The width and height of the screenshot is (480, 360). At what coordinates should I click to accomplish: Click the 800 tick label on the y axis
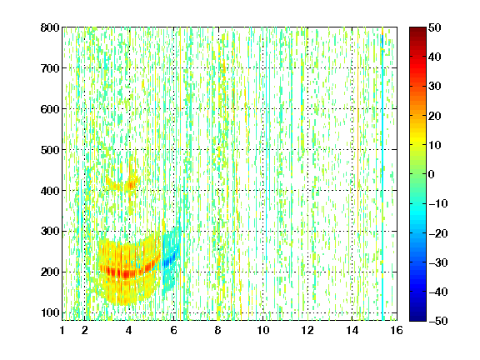click(x=50, y=27)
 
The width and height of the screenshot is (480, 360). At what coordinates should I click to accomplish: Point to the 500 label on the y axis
click(x=50, y=150)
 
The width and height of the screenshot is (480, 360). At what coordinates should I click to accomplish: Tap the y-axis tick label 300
click(x=50, y=232)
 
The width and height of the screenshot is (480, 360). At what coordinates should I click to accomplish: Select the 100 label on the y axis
click(x=50, y=312)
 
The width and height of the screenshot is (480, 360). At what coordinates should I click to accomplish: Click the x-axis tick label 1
click(x=62, y=330)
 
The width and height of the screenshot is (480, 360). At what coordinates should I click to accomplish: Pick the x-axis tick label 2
click(x=85, y=330)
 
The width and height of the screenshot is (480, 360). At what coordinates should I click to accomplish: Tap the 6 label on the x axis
click(x=174, y=330)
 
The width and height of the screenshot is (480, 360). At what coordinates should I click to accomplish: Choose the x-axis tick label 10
click(x=263, y=330)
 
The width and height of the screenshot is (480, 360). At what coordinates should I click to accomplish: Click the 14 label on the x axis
click(x=352, y=330)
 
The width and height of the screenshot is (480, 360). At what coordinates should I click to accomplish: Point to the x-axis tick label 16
click(x=397, y=330)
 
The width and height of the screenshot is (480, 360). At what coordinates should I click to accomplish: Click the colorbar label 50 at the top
click(x=434, y=27)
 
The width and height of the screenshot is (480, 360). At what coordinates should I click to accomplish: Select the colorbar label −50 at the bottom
click(x=438, y=321)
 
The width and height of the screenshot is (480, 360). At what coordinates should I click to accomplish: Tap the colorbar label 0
click(x=432, y=174)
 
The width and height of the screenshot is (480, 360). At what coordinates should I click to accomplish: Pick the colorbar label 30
click(x=434, y=87)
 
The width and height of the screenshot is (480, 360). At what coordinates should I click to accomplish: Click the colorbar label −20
click(x=438, y=233)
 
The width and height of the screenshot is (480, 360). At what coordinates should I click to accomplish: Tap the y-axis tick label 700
click(x=50, y=68)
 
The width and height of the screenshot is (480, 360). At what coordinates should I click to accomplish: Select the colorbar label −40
click(x=438, y=292)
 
